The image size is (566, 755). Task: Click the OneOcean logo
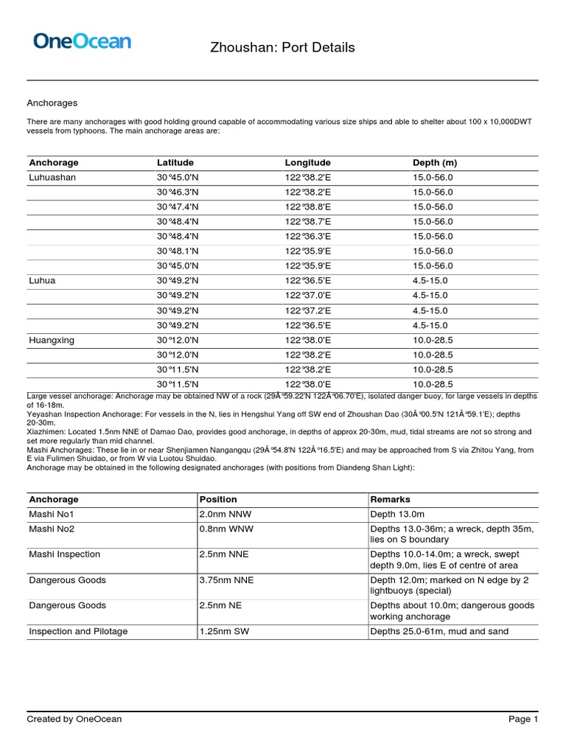82,41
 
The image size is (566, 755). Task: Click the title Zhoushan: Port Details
283,48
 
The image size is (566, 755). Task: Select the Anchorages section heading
52,103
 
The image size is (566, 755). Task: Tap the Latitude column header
175,162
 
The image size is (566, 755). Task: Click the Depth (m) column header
435,162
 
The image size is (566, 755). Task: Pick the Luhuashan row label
52,178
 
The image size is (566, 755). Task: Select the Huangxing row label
52,340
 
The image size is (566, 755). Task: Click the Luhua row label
42,281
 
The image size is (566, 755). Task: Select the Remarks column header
390,499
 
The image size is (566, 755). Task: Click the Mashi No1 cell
52,514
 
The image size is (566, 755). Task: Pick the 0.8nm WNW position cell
224,529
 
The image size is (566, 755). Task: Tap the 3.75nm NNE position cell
226,580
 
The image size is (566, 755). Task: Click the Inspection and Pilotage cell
78,631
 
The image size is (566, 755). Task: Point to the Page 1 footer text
523,719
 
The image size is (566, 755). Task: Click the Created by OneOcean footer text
74,719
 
